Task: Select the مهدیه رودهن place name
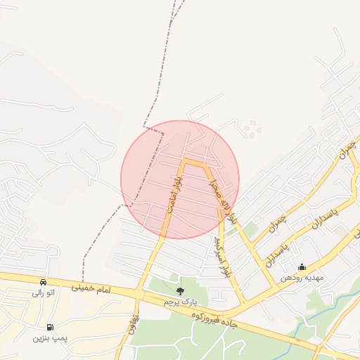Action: pos(302,278)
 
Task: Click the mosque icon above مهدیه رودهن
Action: pos(302,267)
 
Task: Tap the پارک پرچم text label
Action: pos(180,302)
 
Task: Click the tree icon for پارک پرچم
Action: pos(180,291)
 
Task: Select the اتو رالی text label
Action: pos(44,292)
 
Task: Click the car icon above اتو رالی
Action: pos(44,281)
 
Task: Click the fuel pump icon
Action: pos(49,327)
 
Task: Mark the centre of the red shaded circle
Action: pos(180,179)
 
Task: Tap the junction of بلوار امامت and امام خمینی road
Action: pos(143,293)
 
